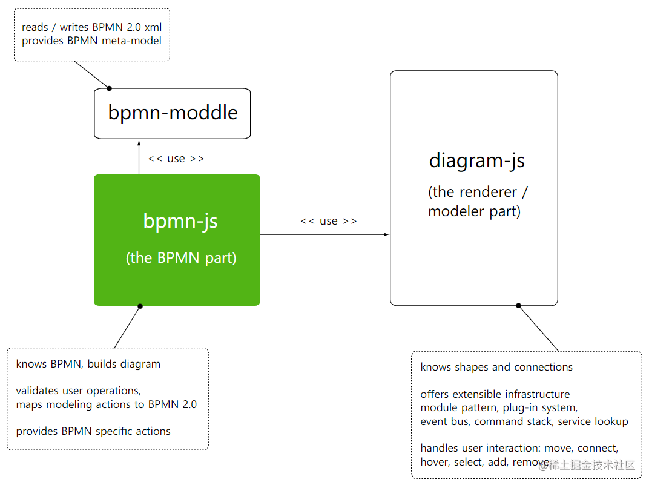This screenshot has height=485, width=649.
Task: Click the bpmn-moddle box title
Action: [x=173, y=113]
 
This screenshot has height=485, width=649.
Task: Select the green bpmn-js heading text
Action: [x=180, y=221]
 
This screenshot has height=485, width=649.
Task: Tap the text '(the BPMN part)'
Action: [x=181, y=258]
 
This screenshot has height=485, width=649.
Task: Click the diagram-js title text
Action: [x=476, y=160]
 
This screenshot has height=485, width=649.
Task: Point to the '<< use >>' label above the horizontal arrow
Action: [x=328, y=221]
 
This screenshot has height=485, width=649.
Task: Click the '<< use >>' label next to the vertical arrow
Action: [x=176, y=159]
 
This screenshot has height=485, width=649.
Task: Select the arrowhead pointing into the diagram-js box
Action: [x=386, y=234]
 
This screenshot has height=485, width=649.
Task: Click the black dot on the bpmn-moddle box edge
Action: [x=110, y=88]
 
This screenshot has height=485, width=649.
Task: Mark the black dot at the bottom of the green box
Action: [x=140, y=306]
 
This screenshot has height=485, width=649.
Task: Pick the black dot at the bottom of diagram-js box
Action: [x=518, y=306]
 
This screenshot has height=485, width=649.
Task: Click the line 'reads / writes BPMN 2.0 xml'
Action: [x=91, y=27]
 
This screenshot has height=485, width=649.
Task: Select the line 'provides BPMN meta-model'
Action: [x=91, y=41]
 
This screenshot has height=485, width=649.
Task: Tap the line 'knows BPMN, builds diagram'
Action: [x=88, y=364]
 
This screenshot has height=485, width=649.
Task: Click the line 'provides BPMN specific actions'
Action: [x=93, y=431]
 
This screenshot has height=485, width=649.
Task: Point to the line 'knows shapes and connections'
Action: [x=496, y=367]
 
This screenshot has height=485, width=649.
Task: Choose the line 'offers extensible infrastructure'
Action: [x=495, y=394]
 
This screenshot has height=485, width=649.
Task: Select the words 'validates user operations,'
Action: [x=79, y=391]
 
